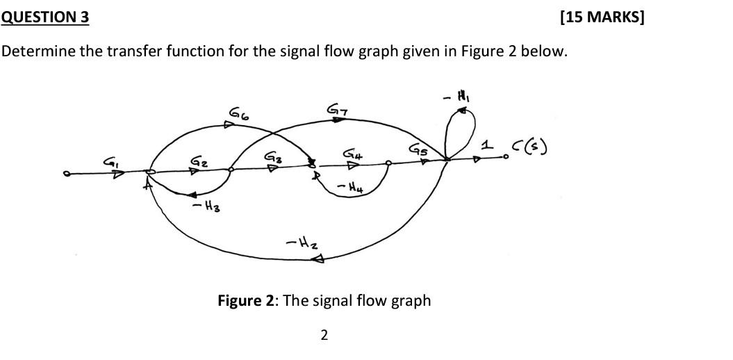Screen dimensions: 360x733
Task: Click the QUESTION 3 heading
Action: coord(45,17)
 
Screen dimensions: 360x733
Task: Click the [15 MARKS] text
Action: coord(602,17)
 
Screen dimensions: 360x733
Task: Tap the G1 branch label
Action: coord(110,161)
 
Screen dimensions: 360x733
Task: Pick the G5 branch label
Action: coord(418,149)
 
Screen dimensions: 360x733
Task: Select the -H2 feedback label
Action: coord(297,243)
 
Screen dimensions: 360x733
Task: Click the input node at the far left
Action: coord(67,174)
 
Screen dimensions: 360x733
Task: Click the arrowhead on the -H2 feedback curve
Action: coord(320,260)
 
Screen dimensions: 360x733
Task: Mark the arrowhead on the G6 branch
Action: coord(229,125)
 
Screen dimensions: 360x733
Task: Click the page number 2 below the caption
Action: coord(324,336)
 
